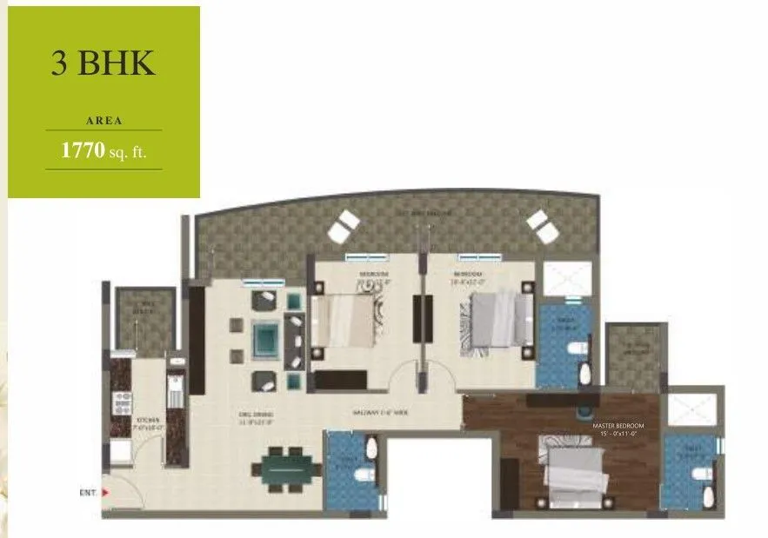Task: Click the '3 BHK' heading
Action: pyautogui.click(x=104, y=65)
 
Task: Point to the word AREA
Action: pyautogui.click(x=104, y=121)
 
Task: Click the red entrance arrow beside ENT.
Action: pyautogui.click(x=106, y=492)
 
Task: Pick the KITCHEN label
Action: pyautogui.click(x=146, y=420)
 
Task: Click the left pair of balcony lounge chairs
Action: pyautogui.click(x=342, y=226)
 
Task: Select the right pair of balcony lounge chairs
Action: pyautogui.click(x=543, y=226)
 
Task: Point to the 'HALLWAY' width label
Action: pyautogui.click(x=380, y=414)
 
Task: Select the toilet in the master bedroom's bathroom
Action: pyautogui.click(x=700, y=474)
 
